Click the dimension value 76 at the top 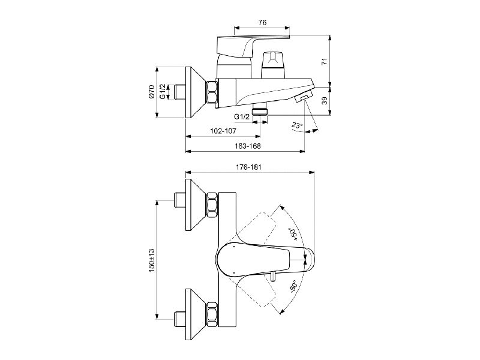click(x=262, y=22)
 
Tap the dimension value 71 click(x=325, y=61)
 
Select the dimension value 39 click(x=325, y=100)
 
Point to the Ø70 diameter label click(x=151, y=92)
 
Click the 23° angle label click(x=297, y=125)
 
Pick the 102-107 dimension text click(x=223, y=131)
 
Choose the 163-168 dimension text click(x=248, y=146)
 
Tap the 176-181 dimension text click(x=248, y=167)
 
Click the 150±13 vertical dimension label click(x=151, y=260)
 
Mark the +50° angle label click(x=292, y=234)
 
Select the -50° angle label click(x=293, y=286)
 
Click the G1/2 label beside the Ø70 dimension click(x=163, y=92)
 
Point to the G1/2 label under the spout click(x=242, y=117)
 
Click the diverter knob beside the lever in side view click(x=273, y=65)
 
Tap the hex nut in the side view click(x=212, y=93)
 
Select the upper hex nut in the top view click(x=212, y=205)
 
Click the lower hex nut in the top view click(x=212, y=314)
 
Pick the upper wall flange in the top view click(x=196, y=205)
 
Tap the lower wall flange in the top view click(x=196, y=314)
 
